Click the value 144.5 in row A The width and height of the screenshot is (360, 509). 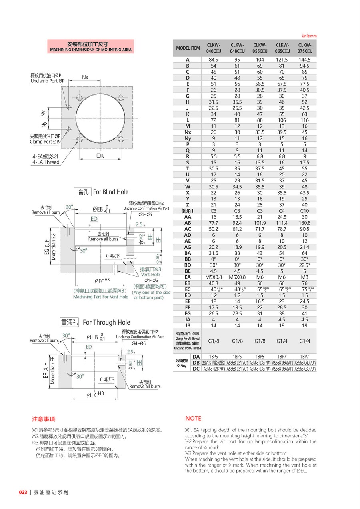[x=305, y=60]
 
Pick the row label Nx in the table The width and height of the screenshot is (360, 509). [x=188, y=132]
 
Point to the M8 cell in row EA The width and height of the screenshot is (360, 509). [x=305, y=277]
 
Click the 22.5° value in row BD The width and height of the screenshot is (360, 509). [x=305, y=265]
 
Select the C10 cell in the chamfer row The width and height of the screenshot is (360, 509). [x=305, y=211]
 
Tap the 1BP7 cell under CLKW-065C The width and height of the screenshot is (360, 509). [x=282, y=356]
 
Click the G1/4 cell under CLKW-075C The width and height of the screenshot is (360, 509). [x=305, y=341]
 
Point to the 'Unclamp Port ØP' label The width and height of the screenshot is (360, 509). [x=48, y=81]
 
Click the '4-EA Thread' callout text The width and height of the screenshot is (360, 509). [x=46, y=162]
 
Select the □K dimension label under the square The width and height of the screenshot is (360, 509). [x=100, y=156]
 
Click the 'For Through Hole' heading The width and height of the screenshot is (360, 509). [x=106, y=322]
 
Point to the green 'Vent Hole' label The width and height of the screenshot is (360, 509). [x=150, y=275]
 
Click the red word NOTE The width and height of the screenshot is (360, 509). [x=193, y=418]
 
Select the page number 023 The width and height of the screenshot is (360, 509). [x=23, y=492]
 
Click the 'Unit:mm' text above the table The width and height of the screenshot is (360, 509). [x=308, y=36]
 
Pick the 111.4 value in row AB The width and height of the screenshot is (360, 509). [x=282, y=223]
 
